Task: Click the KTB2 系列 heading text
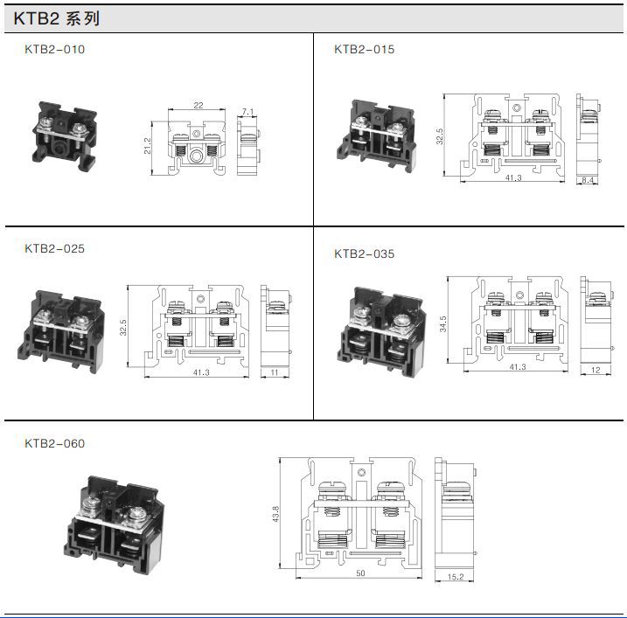click(56, 18)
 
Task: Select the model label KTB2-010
click(55, 50)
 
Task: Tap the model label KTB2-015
click(365, 50)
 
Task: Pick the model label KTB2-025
click(55, 248)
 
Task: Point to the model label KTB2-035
click(365, 253)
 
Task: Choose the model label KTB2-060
click(55, 444)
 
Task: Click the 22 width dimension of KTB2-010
click(199, 105)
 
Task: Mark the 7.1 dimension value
click(248, 112)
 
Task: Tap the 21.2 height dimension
click(148, 146)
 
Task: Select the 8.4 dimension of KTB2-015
click(588, 180)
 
